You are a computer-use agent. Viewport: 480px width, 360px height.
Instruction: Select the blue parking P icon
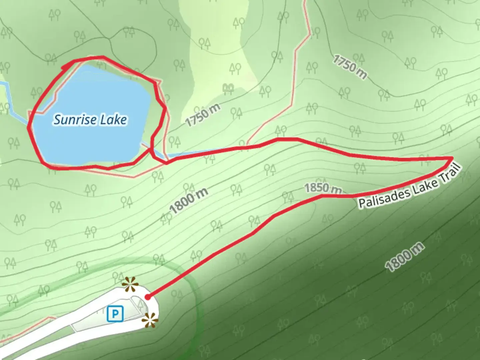[115, 314]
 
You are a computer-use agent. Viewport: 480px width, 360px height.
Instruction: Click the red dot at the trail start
[148, 297]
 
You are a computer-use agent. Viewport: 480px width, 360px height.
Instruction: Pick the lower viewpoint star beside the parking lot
[149, 321]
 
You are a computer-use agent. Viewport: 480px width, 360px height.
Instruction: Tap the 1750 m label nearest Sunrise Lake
[203, 115]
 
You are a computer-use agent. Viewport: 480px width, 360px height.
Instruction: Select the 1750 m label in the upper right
[350, 67]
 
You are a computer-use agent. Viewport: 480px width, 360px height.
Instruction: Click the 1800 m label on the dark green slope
[405, 257]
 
